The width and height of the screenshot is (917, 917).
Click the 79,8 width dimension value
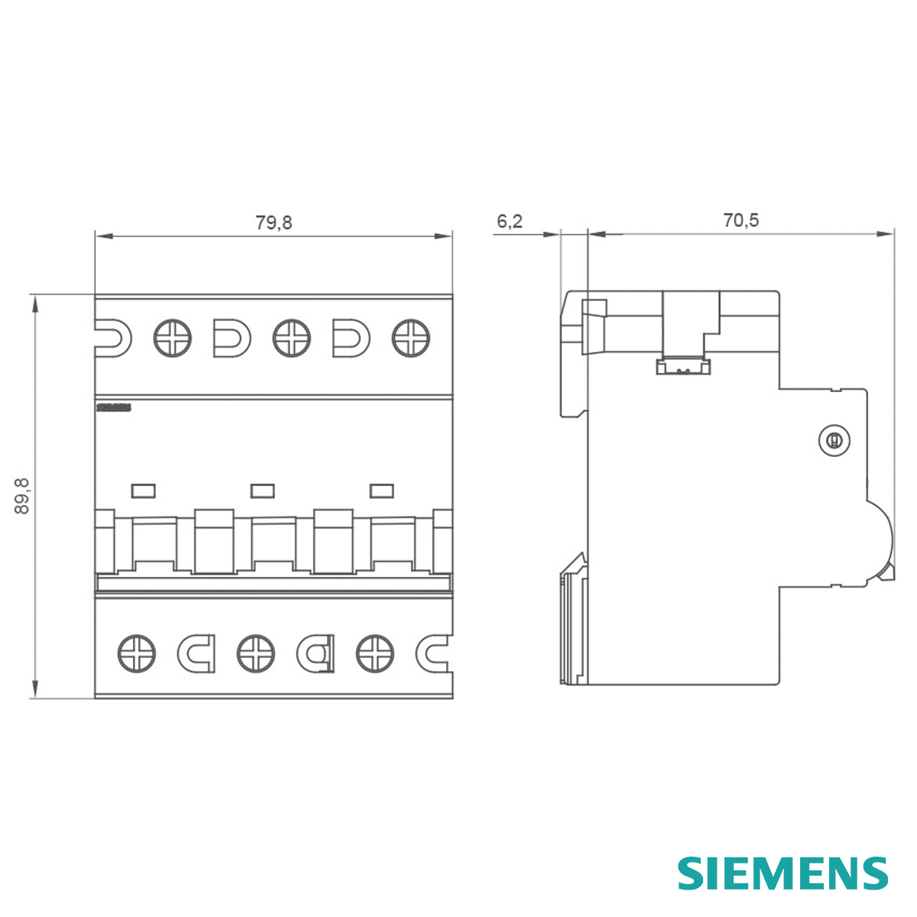pos(274,222)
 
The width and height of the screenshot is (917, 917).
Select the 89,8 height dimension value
pos(22,495)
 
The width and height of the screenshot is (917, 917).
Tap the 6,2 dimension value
pos(510,221)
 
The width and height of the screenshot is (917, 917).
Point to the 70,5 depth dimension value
pos(740,220)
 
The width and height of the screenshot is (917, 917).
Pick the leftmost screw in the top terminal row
pos(173,337)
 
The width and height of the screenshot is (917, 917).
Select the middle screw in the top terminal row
pos(292,337)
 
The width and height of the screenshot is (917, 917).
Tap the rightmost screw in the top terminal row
pos(411,337)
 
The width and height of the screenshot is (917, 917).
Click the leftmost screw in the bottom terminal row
pos(137,654)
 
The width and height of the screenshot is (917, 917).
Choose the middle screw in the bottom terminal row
pos(256,654)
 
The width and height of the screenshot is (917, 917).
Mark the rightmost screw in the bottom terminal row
pos(375,654)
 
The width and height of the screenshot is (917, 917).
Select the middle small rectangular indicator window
pos(263,491)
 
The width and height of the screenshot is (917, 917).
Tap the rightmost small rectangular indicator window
pos(382,491)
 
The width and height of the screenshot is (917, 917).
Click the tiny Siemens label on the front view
pos(114,407)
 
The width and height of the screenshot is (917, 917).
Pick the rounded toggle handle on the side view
pos(880,539)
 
